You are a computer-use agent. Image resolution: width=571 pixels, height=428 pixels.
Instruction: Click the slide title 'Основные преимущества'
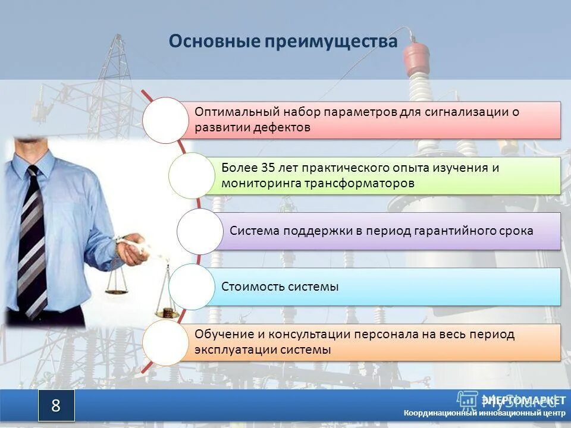pos(283,42)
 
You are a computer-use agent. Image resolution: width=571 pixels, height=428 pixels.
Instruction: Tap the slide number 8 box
pos(57,405)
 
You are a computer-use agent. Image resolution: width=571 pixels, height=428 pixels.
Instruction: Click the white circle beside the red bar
pos(165,120)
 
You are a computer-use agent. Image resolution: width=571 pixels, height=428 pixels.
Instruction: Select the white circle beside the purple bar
pos(199,231)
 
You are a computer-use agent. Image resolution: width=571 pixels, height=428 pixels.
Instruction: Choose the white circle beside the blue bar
pos(191,287)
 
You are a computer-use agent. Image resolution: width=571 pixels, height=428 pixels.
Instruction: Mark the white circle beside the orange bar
pos(165,342)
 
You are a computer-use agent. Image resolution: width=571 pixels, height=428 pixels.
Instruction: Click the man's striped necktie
pos(32,238)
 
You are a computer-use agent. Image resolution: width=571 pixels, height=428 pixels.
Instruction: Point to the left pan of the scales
pos(117,291)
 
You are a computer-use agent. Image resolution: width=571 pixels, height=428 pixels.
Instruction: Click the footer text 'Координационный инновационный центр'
pos(484,413)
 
